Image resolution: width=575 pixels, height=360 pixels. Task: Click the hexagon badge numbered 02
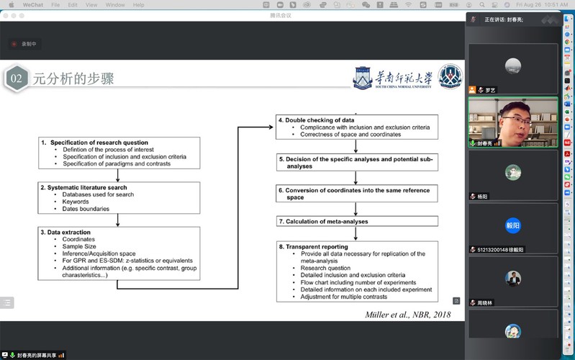[16, 78]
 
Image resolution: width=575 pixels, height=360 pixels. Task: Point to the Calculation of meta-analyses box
[357, 222]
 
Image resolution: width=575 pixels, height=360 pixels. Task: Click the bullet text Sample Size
[79, 246]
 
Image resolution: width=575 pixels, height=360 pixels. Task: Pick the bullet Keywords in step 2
[76, 202]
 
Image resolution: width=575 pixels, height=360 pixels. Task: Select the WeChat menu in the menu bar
[33, 5]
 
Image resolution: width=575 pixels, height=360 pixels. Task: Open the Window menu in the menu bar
[114, 5]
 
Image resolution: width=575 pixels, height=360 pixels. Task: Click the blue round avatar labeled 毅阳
[512, 225]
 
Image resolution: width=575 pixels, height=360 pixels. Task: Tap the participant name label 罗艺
[490, 90]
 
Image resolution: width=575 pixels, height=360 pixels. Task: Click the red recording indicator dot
[14, 44]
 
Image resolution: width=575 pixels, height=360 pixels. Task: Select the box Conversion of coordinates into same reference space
[357, 194]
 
